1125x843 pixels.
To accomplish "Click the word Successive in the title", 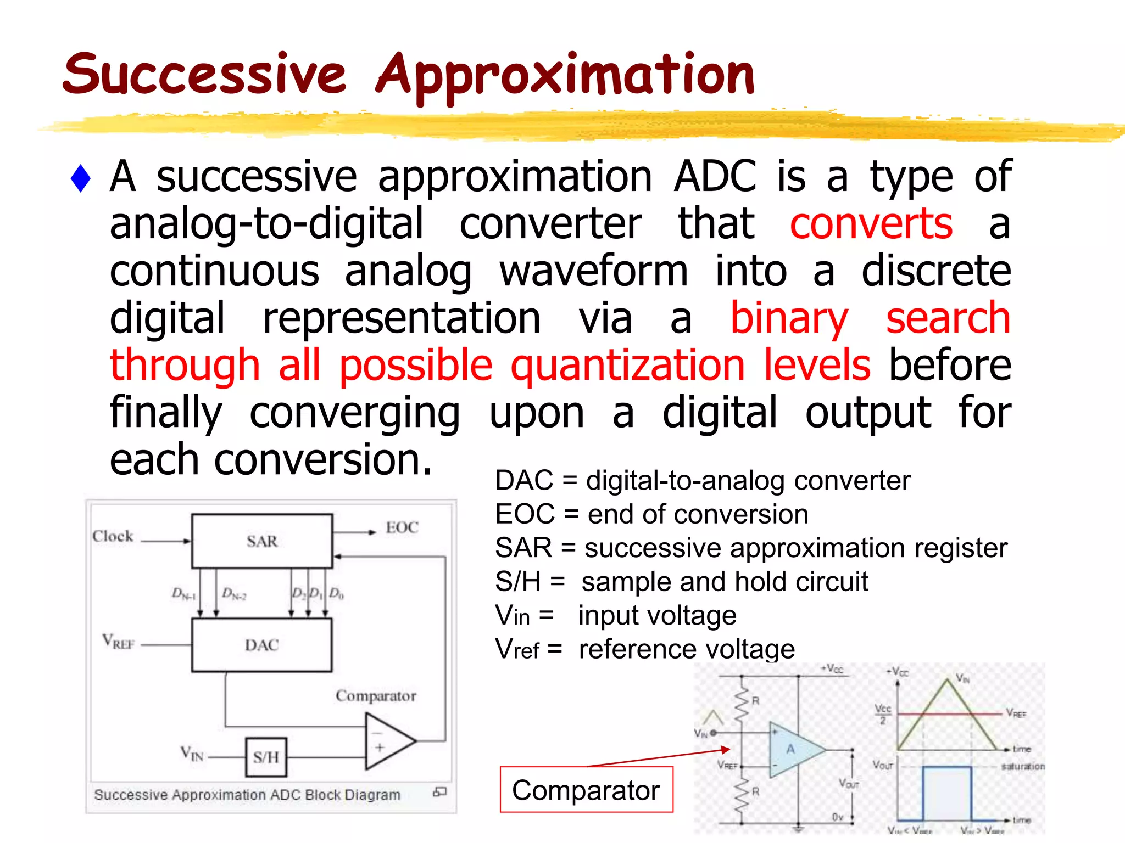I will click(x=204, y=74).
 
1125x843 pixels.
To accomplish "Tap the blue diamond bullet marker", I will click(x=81, y=178).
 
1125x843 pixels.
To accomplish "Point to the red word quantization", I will click(x=627, y=366).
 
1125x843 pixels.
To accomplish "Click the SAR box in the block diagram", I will click(x=262, y=541).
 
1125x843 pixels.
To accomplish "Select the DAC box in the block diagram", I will click(x=262, y=645).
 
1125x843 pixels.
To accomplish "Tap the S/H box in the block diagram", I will click(x=266, y=757).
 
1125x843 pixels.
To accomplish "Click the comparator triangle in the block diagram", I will click(x=387, y=741).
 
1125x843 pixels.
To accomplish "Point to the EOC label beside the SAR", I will click(x=402, y=527).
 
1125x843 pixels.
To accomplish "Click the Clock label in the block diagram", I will click(x=113, y=536).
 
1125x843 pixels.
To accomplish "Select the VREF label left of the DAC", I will click(x=118, y=642).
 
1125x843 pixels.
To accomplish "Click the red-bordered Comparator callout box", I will click(x=586, y=790).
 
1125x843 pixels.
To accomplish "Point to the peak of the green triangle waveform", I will click(x=947, y=681).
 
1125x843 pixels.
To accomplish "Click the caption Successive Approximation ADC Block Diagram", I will click(x=247, y=795).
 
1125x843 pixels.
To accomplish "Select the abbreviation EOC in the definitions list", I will click(x=525, y=515).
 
